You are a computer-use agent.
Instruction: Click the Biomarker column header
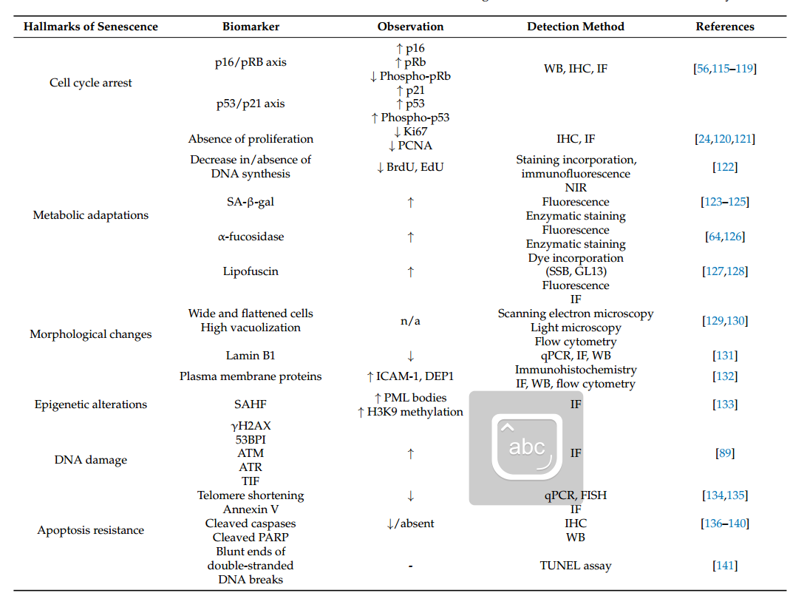coord(251,27)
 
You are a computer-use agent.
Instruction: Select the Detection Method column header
coord(575,27)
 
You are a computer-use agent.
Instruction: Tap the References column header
coord(724,27)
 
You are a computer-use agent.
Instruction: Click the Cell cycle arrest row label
coord(91,83)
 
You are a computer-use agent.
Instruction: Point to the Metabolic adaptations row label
coord(91,215)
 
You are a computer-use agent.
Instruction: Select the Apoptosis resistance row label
coord(91,530)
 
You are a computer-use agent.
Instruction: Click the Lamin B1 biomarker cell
coord(251,356)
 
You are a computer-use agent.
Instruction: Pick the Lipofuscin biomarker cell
coord(251,271)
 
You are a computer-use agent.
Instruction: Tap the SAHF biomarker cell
coord(251,404)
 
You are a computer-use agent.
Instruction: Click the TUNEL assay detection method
coord(575,566)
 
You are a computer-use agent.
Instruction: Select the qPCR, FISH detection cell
coord(575,495)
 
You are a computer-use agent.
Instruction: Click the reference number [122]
coord(724,167)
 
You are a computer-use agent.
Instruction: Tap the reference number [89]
coord(724,453)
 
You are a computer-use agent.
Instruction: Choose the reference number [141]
coord(724,566)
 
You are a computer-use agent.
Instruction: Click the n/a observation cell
coord(410,321)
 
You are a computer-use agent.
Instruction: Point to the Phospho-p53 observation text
coord(415,118)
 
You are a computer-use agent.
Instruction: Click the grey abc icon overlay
coord(526,448)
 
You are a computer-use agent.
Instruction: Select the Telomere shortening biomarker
coord(251,495)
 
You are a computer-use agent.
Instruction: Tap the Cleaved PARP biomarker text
coord(251,538)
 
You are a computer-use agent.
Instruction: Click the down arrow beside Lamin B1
coord(410,356)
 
